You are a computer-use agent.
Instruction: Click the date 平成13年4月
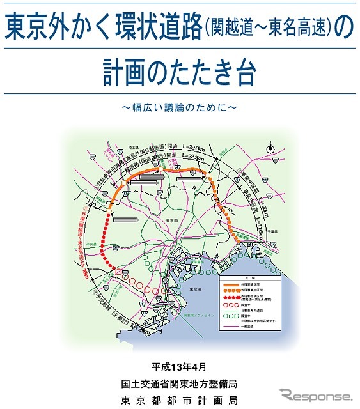click(x=180, y=367)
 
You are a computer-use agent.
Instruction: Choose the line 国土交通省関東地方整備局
click(x=180, y=384)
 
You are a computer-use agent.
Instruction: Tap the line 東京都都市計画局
click(x=180, y=401)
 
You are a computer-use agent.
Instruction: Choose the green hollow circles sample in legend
click(x=231, y=314)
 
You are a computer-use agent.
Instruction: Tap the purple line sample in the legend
click(x=231, y=329)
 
